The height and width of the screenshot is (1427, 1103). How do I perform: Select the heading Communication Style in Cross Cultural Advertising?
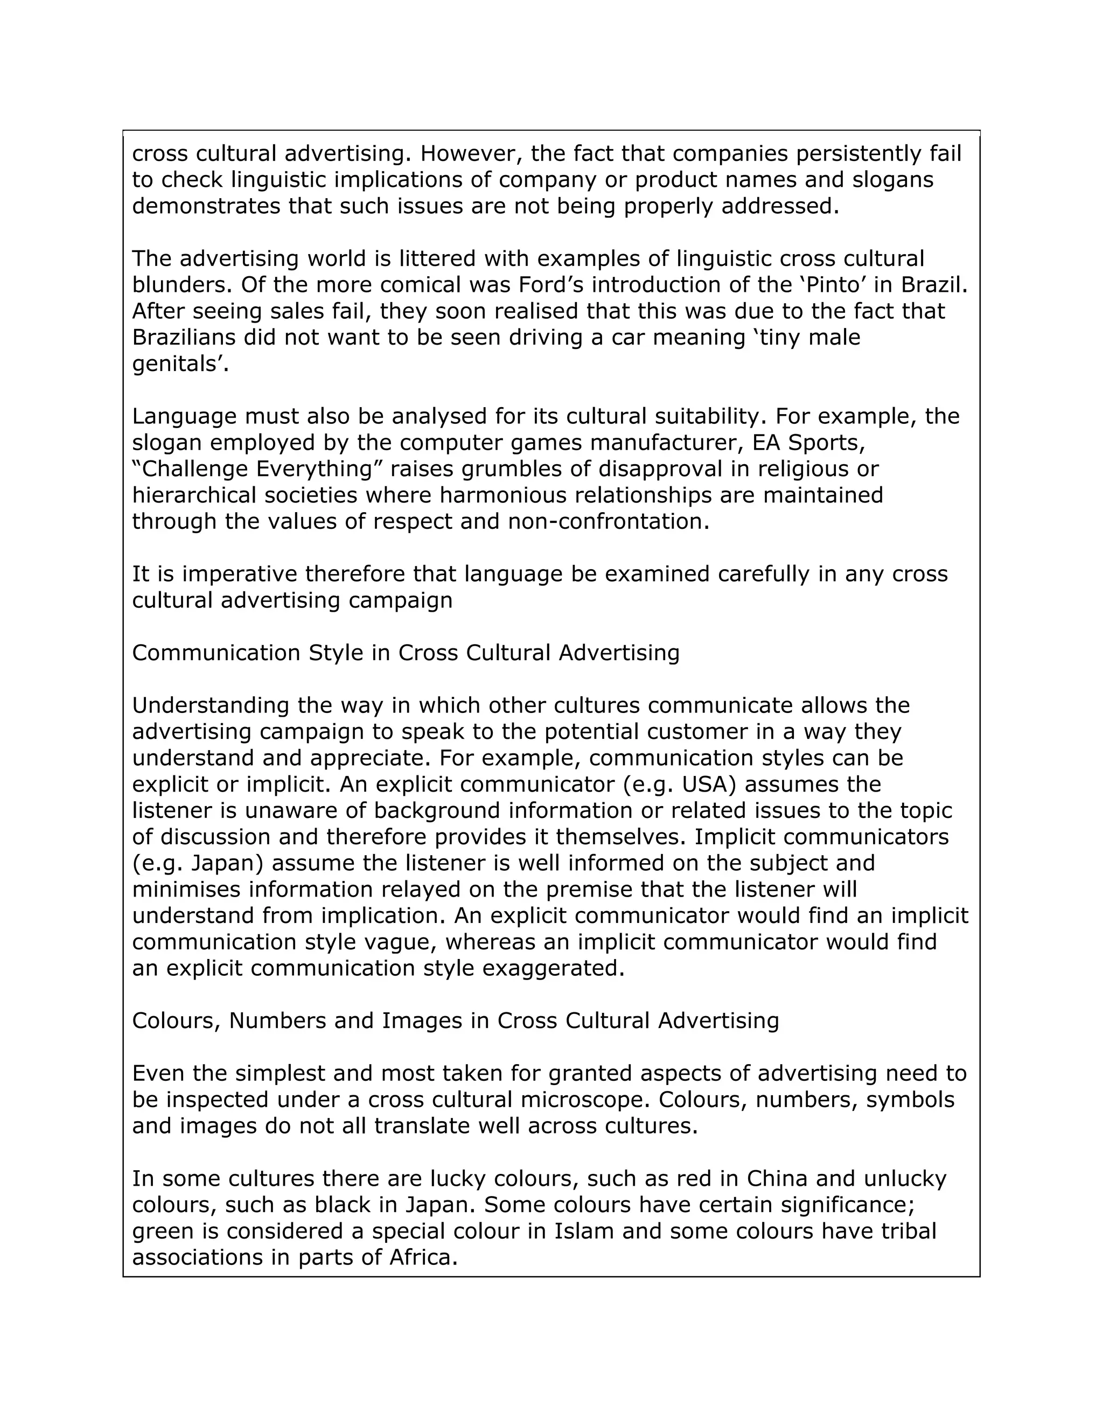406,653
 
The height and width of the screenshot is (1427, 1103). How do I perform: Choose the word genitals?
178,364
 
